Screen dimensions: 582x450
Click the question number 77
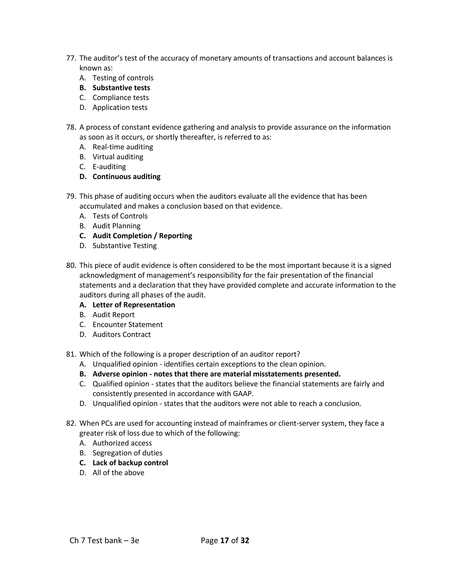pos(71,58)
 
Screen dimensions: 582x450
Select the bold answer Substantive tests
pos(121,88)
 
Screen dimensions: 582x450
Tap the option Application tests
pos(120,107)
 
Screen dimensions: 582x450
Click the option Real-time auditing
pos(123,147)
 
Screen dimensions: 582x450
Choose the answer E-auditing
pos(109,166)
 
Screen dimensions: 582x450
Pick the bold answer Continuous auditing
pos(126,176)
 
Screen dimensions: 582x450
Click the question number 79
pos(71,196)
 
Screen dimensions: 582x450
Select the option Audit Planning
pos(116,226)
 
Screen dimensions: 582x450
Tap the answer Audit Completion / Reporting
pos(142,236)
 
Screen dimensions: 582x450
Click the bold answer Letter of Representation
pos(134,305)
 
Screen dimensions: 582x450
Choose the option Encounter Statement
pos(127,324)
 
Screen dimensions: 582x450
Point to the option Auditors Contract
pos(122,334)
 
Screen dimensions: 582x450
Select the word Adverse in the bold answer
pos(106,374)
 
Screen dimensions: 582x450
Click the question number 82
pos(71,423)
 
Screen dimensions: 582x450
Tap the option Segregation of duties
pos(127,453)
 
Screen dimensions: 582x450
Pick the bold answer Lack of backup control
pos(130,463)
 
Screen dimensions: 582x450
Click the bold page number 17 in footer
pos(225,540)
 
